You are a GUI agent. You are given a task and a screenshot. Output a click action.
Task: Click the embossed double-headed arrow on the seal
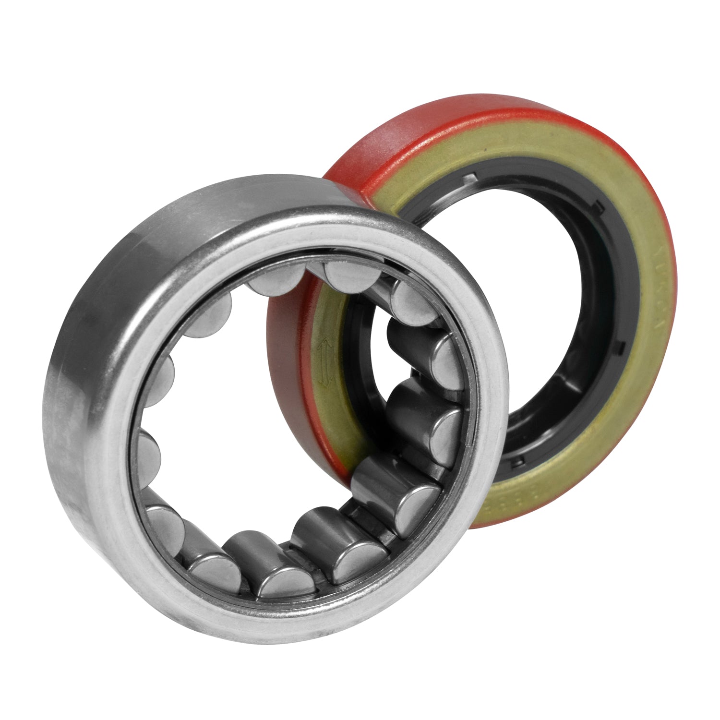(325, 363)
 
